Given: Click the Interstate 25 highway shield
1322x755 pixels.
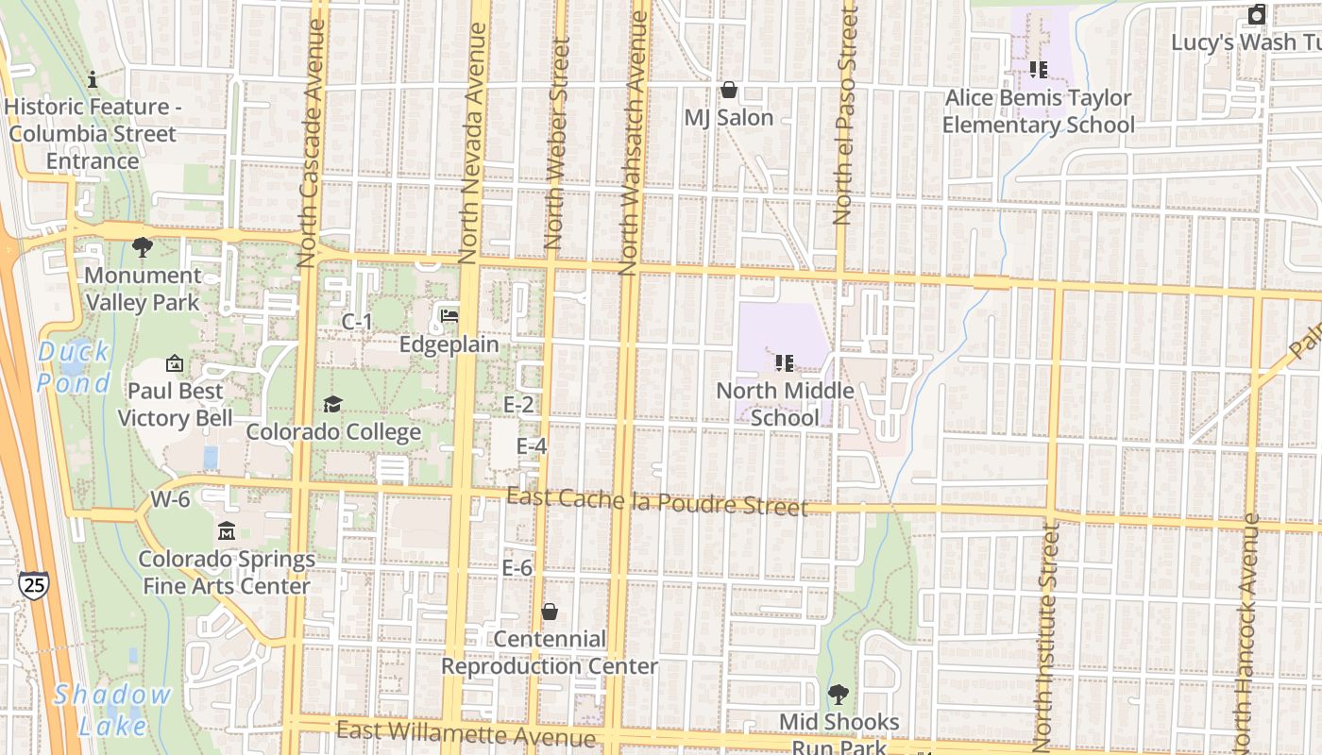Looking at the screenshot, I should pyautogui.click(x=33, y=585).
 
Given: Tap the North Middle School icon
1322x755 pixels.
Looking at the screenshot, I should pyautogui.click(x=784, y=362).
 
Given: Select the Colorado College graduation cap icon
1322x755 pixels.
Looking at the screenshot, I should pyautogui.click(x=332, y=404).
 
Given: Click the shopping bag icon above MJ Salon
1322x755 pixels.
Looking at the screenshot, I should pyautogui.click(x=728, y=90).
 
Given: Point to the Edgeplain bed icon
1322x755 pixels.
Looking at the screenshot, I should pyautogui.click(x=449, y=315).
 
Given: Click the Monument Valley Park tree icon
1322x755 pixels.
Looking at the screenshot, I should pyautogui.click(x=143, y=247).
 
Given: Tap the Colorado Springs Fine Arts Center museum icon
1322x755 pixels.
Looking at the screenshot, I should pyautogui.click(x=227, y=531).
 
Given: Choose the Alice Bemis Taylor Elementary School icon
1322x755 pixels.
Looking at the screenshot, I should pyautogui.click(x=1039, y=69).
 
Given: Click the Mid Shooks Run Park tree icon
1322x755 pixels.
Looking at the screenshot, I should pyautogui.click(x=838, y=695).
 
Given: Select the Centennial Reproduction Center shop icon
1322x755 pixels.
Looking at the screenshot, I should pyautogui.click(x=549, y=612).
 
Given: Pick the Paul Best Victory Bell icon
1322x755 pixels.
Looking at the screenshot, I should pyautogui.click(x=175, y=363).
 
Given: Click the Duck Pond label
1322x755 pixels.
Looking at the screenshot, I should pyautogui.click(x=74, y=367).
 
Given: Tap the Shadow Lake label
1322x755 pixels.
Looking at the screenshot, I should pyautogui.click(x=112, y=710).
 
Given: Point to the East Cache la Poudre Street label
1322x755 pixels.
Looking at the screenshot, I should pyautogui.click(x=657, y=501).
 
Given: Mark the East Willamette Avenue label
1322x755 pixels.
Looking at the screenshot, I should pyautogui.click(x=466, y=733).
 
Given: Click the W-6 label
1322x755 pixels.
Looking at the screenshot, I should pyautogui.click(x=170, y=499).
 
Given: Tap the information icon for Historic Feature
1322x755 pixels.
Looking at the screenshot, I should pyautogui.click(x=92, y=79).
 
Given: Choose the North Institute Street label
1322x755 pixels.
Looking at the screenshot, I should pyautogui.click(x=1044, y=632).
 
